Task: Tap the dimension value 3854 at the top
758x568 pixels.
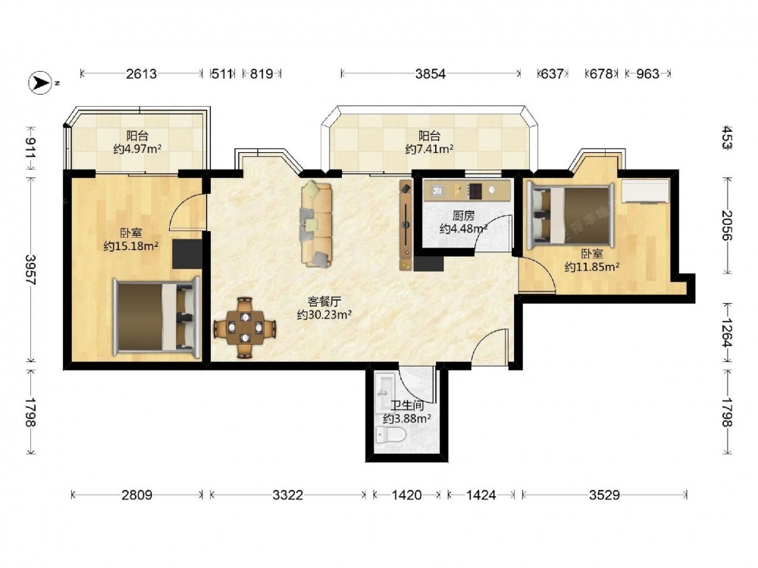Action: pyautogui.click(x=430, y=74)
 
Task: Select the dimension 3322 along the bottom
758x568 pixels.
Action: pyautogui.click(x=287, y=495)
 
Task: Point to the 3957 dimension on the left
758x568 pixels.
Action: pyautogui.click(x=31, y=270)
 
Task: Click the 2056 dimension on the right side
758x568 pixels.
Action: pyautogui.click(x=727, y=226)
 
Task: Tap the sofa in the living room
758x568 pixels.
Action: pyautogui.click(x=317, y=224)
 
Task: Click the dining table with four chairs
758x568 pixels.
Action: pyautogui.click(x=245, y=327)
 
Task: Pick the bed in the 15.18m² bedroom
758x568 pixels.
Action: pyautogui.click(x=157, y=317)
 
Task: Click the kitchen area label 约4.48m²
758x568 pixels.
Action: pyautogui.click(x=462, y=229)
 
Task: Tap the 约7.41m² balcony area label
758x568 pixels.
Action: pyautogui.click(x=429, y=149)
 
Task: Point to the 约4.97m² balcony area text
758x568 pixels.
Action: pyautogui.click(x=137, y=148)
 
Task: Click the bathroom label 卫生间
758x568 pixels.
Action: pyautogui.click(x=407, y=406)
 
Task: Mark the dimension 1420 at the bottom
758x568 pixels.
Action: pyautogui.click(x=406, y=495)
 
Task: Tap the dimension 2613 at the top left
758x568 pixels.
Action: pyautogui.click(x=142, y=74)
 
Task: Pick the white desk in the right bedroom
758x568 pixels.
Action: pyautogui.click(x=645, y=192)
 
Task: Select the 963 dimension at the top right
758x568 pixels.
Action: pyautogui.click(x=647, y=74)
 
